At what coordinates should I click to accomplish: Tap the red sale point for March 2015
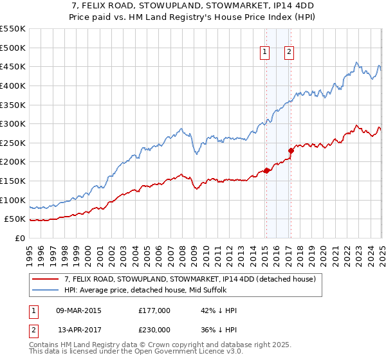coord(266,170)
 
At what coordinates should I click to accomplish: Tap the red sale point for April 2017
coord(290,150)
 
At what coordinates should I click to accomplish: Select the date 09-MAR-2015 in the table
coord(79,310)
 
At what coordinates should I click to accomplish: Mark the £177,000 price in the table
coord(154,310)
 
